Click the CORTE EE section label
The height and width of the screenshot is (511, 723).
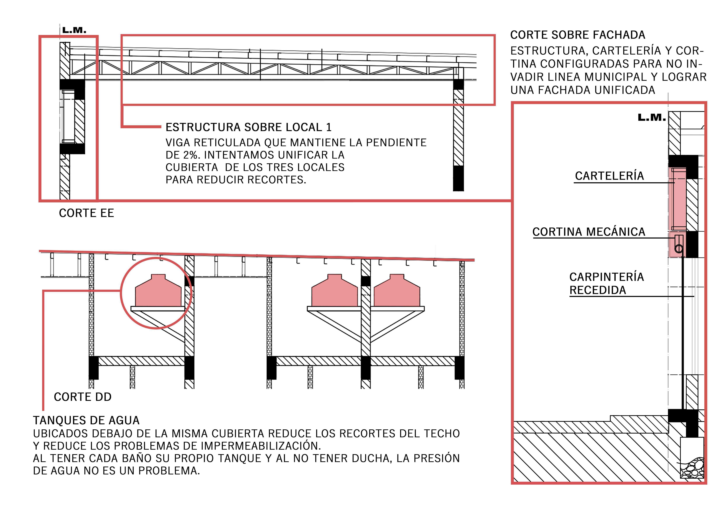[x=86, y=213]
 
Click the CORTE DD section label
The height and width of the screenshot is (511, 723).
[x=83, y=397]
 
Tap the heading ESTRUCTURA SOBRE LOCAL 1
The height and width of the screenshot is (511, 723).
[x=248, y=127]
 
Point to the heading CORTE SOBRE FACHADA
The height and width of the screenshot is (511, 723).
[x=578, y=35]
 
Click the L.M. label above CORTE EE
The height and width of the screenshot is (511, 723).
[x=74, y=31]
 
